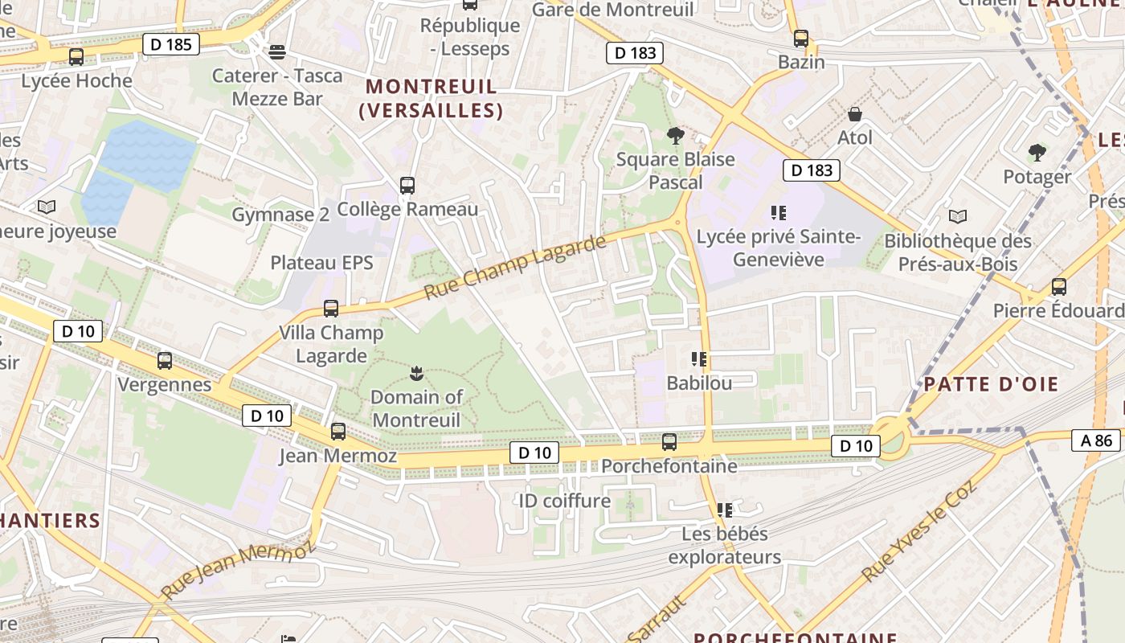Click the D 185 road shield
172,43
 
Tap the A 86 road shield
1096,440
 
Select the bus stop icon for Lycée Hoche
76,57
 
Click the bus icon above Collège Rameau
407,186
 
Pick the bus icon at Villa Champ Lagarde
330,309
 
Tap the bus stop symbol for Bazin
800,38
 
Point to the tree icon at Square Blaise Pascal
675,135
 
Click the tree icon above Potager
1037,153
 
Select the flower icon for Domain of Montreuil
416,373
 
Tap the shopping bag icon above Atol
855,114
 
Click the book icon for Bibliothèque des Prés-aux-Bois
958,216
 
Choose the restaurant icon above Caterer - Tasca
277,52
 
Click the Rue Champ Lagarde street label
514,268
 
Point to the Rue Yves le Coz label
918,531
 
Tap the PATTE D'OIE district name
1002,383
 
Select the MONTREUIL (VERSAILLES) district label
432,98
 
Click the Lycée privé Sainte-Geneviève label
779,248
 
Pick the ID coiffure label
565,501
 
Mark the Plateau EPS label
321,263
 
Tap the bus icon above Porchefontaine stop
669,441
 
